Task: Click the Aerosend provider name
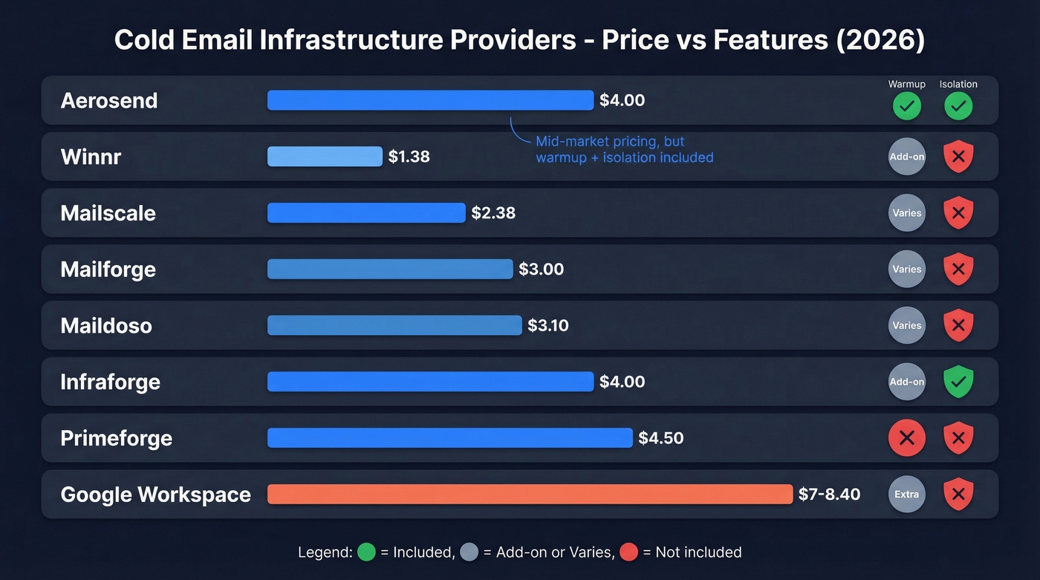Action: click(x=109, y=100)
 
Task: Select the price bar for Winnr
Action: click(x=325, y=156)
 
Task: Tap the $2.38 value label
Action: click(x=493, y=213)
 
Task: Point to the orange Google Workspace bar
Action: click(x=530, y=494)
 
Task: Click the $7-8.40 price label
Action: click(x=829, y=494)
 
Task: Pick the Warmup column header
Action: click(x=906, y=84)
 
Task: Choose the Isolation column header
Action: click(x=958, y=84)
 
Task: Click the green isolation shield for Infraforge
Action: click(x=958, y=382)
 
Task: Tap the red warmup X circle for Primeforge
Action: click(x=906, y=438)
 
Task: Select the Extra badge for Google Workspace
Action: click(x=906, y=495)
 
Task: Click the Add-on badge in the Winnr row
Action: click(x=906, y=157)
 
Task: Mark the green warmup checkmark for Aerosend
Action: click(x=906, y=106)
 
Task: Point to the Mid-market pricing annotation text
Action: click(x=624, y=149)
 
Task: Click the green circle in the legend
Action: click(x=367, y=552)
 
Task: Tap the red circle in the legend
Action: click(x=628, y=552)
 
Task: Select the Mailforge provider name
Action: click(x=108, y=269)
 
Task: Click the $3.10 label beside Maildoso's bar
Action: click(x=548, y=325)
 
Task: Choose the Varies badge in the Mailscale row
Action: click(x=906, y=213)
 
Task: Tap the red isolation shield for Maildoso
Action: click(x=958, y=325)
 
